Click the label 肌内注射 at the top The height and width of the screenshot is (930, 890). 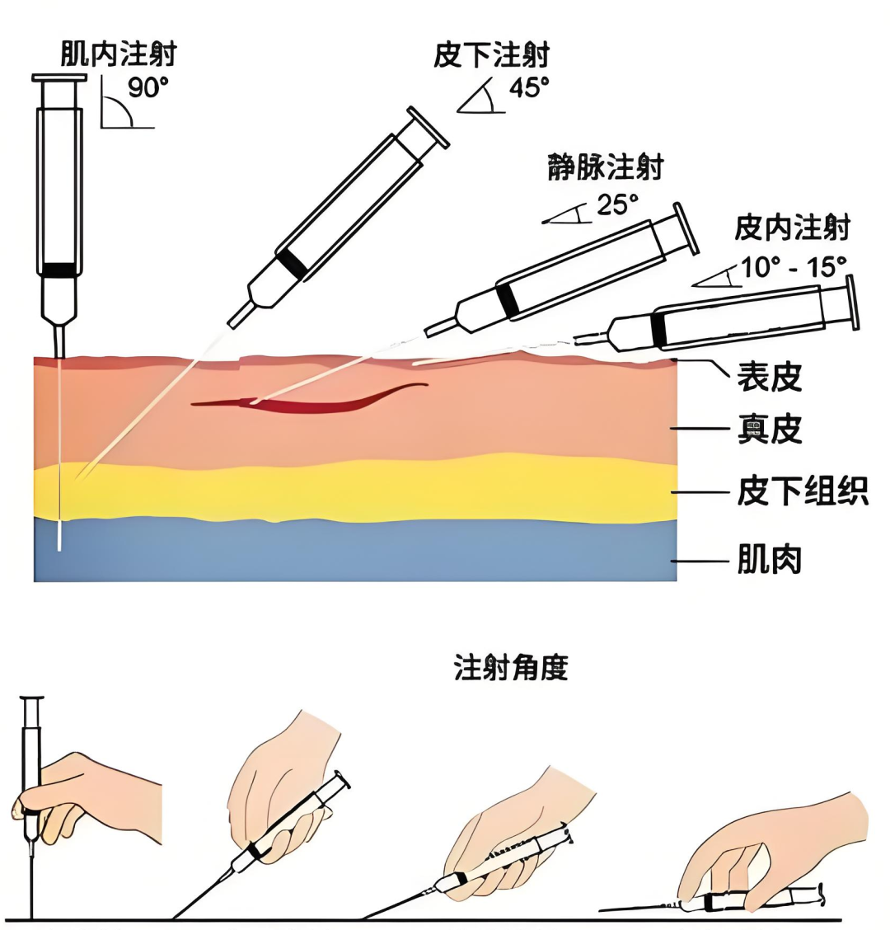118,54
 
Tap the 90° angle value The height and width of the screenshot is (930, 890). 148,87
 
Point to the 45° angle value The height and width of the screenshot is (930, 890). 529,87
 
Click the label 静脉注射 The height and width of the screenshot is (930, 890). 605,167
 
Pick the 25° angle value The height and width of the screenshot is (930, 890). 618,204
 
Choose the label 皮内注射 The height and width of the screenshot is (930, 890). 792,228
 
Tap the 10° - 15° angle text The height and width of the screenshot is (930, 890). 794,266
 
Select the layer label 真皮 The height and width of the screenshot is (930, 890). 769,430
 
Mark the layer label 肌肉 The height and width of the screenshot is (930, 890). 769,561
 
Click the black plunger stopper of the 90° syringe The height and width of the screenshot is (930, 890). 59,270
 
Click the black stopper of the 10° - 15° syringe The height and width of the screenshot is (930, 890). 658,329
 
